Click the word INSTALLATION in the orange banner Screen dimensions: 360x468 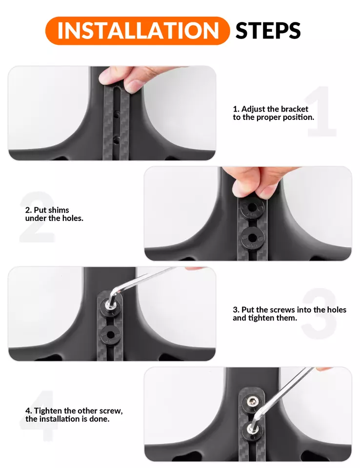[x=138, y=30]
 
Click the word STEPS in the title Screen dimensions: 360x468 [x=268, y=30]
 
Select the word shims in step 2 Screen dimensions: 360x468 [x=59, y=210]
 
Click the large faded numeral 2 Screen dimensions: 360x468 [x=38, y=216]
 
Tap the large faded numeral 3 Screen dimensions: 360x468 [x=319, y=313]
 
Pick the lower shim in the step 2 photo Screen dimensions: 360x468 [x=252, y=238]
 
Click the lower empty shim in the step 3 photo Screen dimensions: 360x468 [x=110, y=335]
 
